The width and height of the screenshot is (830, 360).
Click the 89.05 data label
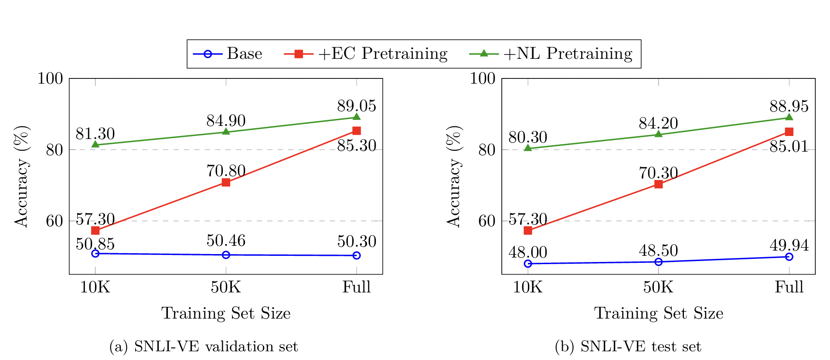356,106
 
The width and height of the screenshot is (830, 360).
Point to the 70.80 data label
226,171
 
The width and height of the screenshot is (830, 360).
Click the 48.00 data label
527,252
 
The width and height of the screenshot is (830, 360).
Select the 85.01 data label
789,147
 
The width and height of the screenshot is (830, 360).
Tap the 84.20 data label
658,123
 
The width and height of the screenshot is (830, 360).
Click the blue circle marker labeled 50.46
226,255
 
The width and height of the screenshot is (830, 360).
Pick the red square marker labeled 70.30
658,184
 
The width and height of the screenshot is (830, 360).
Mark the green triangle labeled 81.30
95,144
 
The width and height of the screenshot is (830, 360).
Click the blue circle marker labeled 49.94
789,257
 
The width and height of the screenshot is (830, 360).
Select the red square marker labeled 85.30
356,131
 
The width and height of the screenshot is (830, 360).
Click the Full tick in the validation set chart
356,287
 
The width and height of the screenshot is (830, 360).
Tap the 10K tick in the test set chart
527,287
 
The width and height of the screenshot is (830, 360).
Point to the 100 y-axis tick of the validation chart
50,78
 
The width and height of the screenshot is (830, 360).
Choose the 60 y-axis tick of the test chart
487,221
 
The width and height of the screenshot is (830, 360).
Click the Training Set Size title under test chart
658,313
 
